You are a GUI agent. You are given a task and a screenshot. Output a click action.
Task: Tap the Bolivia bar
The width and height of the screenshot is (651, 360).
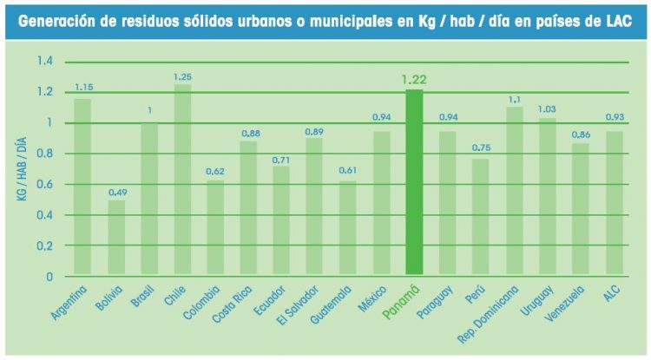115,238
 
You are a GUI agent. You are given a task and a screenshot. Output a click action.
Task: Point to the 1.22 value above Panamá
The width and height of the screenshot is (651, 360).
414,80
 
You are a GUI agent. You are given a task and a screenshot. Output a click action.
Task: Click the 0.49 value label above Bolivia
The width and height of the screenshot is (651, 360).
115,192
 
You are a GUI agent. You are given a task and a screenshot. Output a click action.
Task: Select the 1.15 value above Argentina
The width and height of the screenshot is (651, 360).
83,88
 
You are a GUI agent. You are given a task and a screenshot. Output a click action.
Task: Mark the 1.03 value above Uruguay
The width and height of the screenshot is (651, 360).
548,108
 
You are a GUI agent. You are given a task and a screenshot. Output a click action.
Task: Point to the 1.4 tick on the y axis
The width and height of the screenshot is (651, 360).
44,62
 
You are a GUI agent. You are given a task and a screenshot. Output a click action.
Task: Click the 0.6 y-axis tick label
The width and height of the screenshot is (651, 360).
44,185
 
